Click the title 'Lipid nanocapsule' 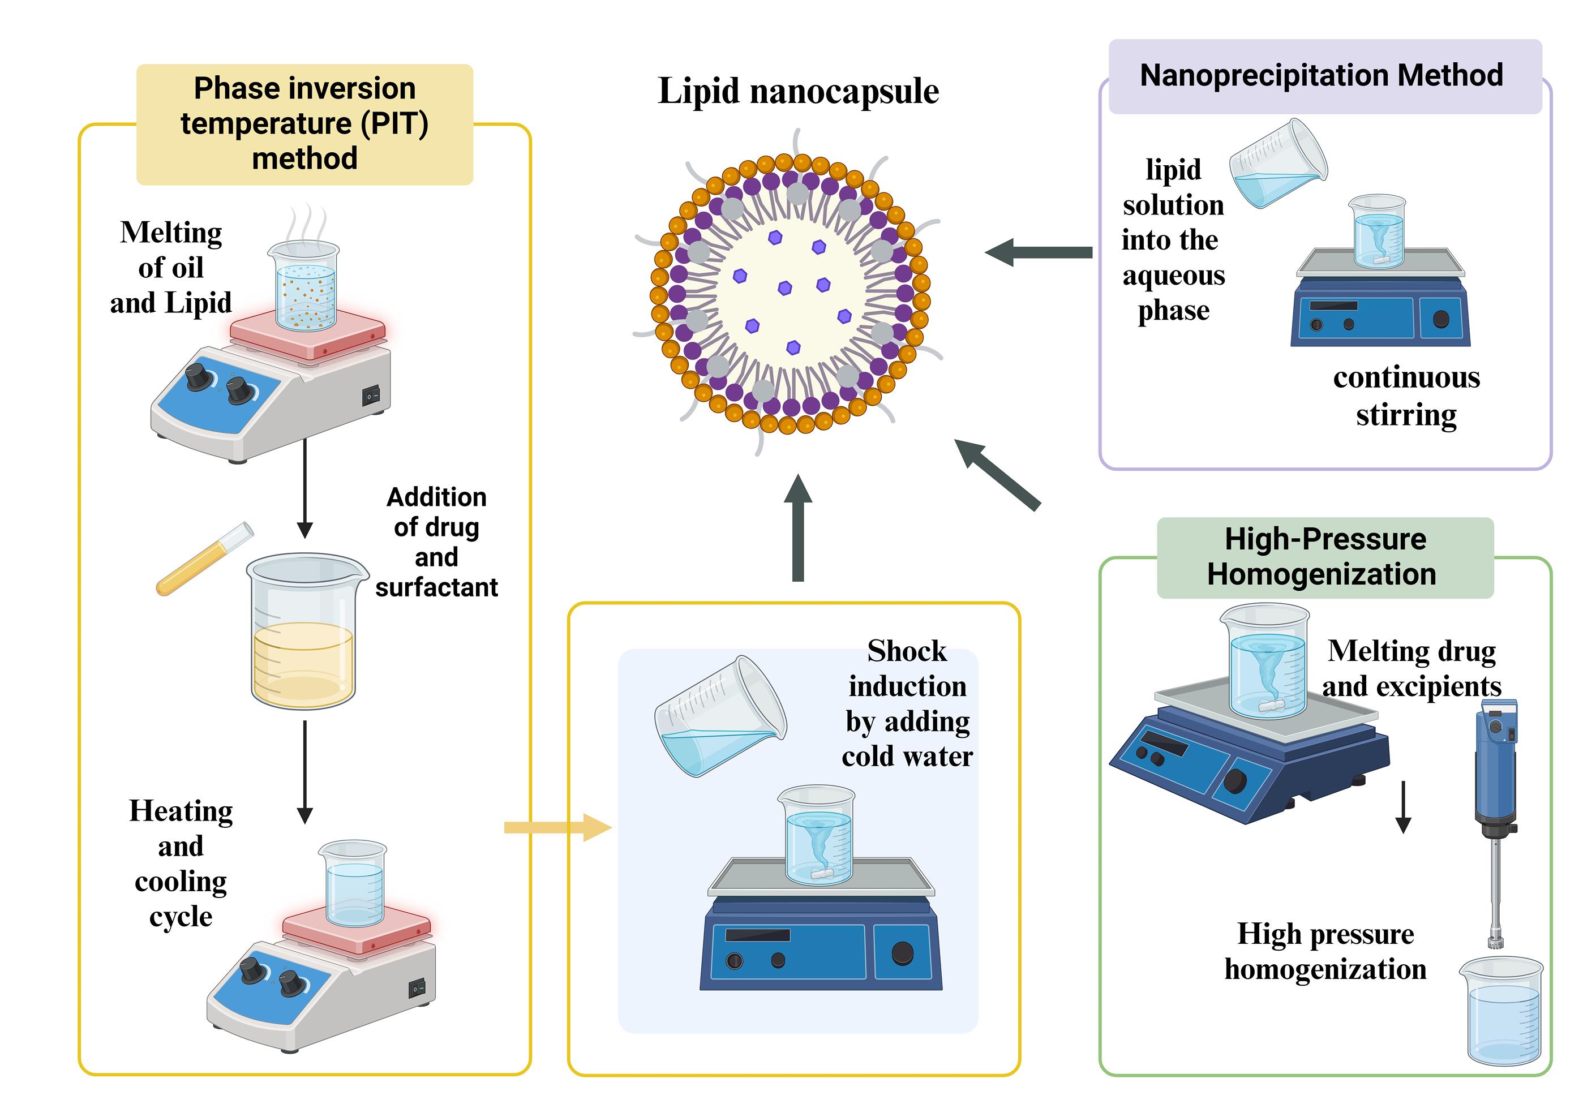click(798, 91)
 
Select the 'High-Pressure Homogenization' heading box click(1324, 557)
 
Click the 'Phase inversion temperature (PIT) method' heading click(304, 124)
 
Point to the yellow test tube click(204, 559)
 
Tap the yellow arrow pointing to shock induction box click(556, 827)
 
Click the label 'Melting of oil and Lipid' click(170, 268)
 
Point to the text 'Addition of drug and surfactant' click(436, 542)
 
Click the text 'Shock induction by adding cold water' click(907, 703)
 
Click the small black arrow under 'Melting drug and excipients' click(1403, 806)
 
